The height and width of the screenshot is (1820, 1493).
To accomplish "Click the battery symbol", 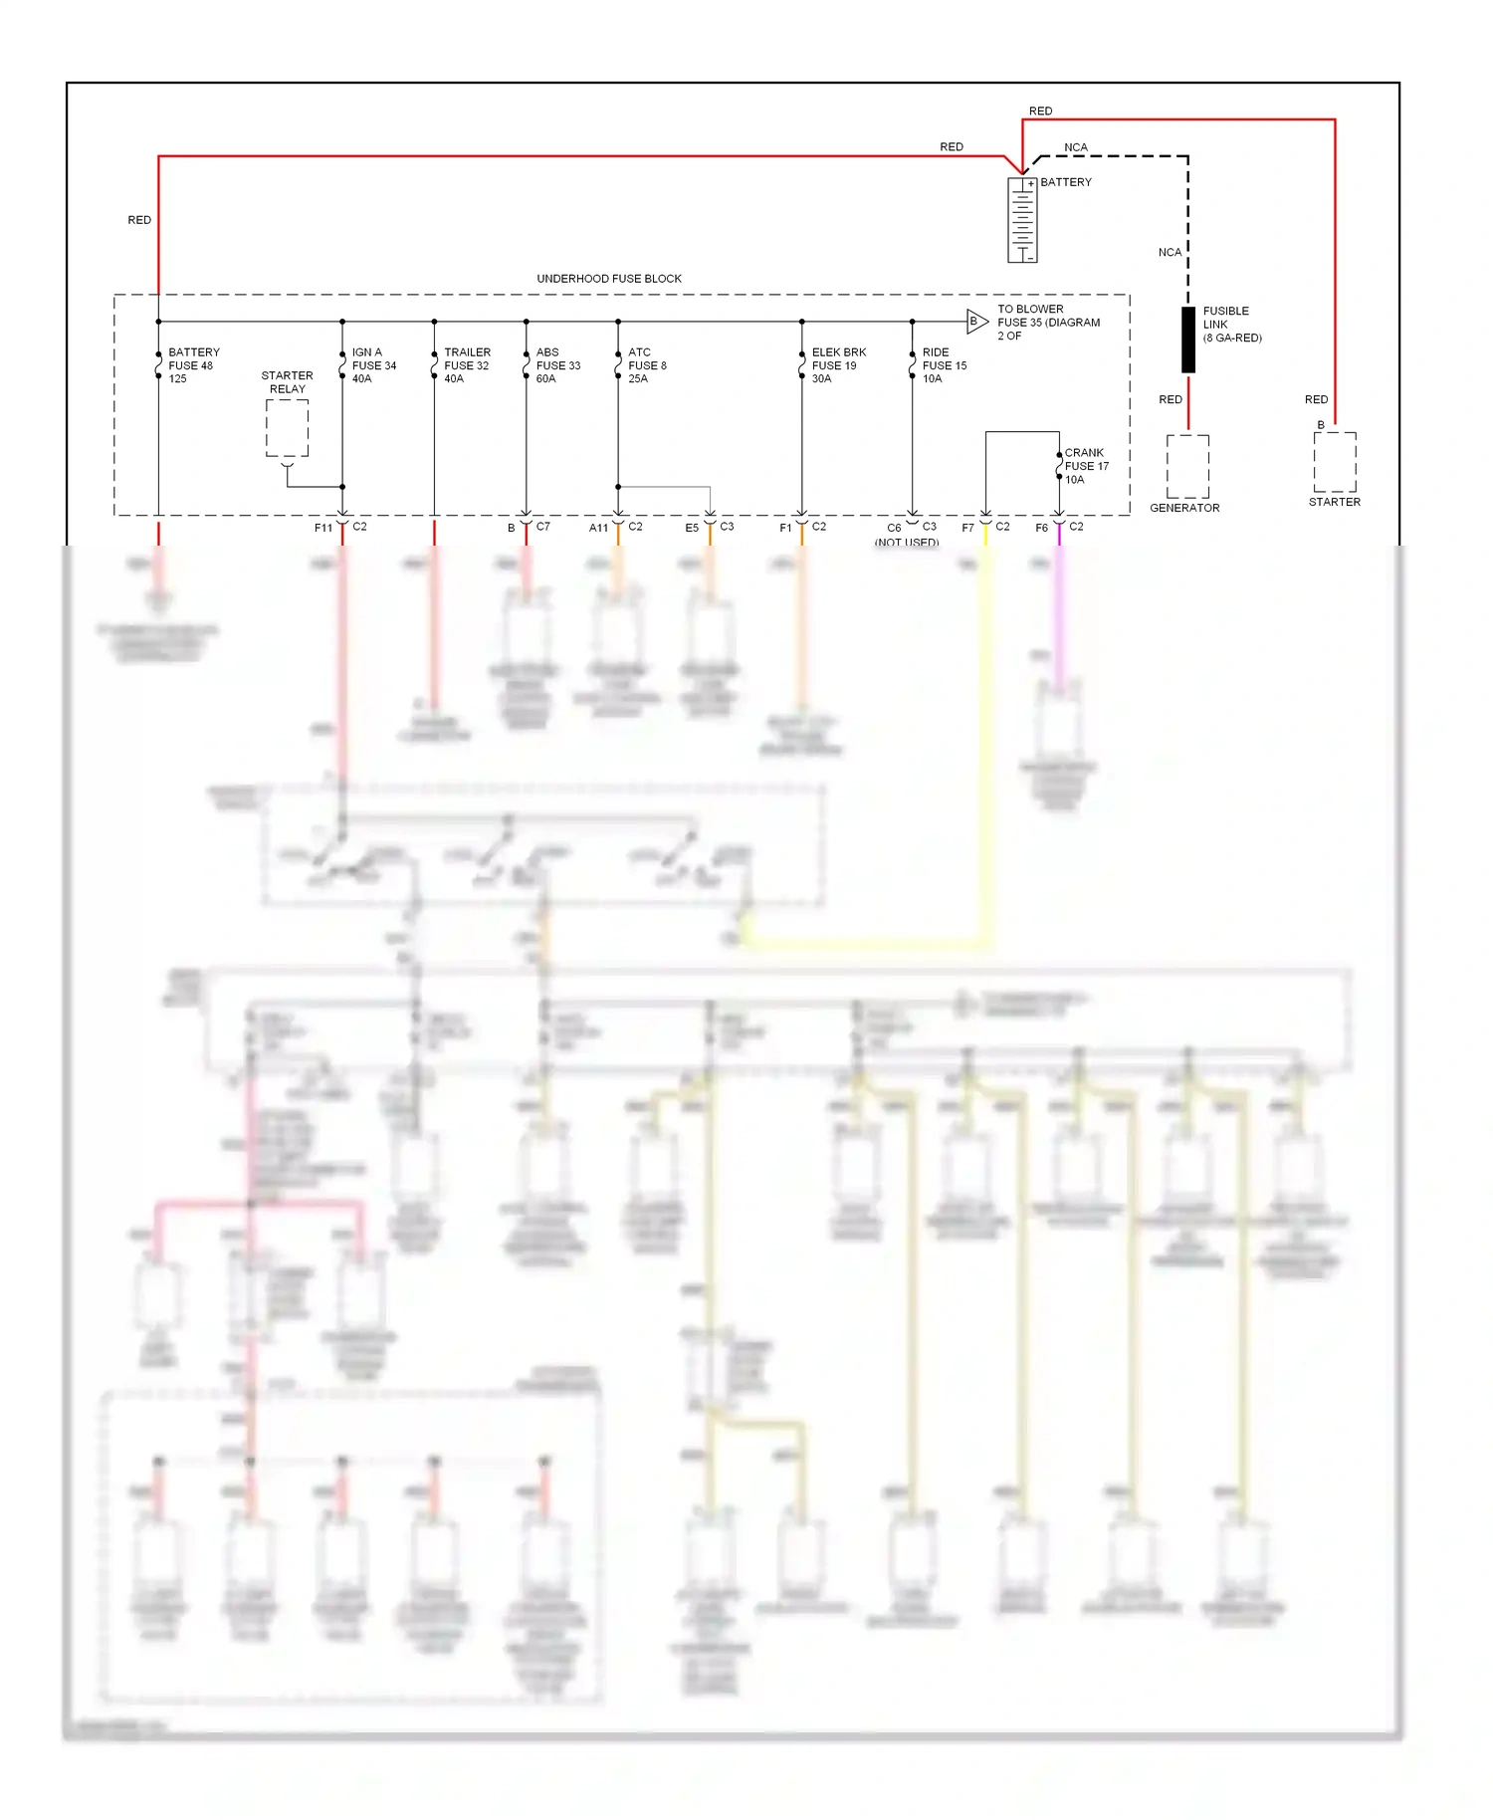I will (1022, 220).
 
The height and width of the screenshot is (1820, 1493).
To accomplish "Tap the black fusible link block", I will (1187, 340).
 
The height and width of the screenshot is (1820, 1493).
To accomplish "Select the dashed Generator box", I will (1187, 466).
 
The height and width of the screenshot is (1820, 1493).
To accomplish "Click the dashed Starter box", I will (1334, 462).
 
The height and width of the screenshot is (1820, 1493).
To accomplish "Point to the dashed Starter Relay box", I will (287, 428).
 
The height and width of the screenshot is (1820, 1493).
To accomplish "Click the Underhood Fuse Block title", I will (608, 279).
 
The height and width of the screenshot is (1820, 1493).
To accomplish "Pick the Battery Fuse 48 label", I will (193, 365).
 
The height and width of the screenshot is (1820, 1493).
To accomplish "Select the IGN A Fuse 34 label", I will (373, 365).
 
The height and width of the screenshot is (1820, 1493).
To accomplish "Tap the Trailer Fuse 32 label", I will (467, 365).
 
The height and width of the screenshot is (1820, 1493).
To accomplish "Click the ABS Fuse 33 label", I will (557, 365).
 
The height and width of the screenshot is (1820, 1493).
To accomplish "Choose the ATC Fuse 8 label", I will (647, 365).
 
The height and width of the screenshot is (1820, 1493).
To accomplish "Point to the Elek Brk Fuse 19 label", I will (838, 365).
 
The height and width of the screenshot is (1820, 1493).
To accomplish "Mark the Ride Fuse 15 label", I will (944, 365).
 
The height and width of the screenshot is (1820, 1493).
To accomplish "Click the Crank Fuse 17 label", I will (1086, 466).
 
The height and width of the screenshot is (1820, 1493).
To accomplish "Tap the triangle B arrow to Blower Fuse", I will (976, 321).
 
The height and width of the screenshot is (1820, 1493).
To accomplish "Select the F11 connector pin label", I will (322, 528).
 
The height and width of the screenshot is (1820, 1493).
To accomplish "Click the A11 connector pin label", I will (597, 528).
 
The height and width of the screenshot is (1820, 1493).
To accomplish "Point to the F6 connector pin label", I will (1041, 528).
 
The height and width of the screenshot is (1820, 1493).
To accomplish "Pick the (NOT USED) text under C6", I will (906, 543).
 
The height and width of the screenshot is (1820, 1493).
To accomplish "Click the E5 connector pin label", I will (691, 528).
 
